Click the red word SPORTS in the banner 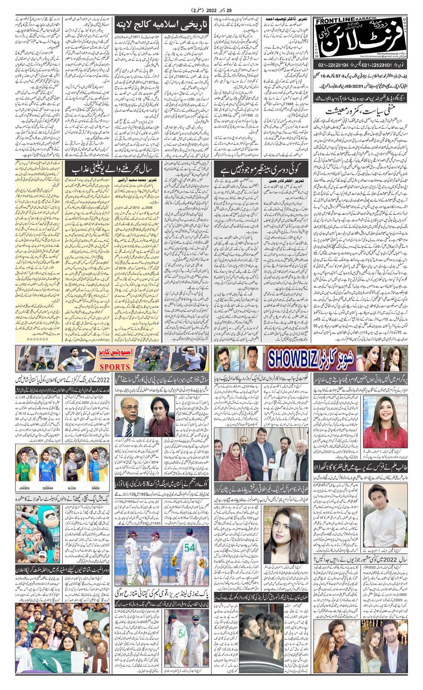(x=115, y=366)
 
